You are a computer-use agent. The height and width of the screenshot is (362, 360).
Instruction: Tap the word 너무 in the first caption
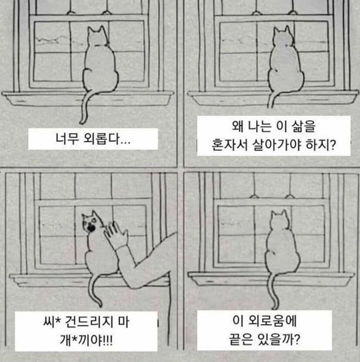point(66,139)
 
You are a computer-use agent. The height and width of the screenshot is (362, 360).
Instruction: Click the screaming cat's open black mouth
point(91,228)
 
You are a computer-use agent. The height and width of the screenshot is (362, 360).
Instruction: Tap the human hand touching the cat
point(115,234)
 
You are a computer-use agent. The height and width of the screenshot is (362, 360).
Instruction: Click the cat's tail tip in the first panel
point(81,122)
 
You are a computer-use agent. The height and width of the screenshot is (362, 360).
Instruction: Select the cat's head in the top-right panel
point(282,37)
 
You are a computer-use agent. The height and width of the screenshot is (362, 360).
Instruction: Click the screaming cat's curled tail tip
point(100,304)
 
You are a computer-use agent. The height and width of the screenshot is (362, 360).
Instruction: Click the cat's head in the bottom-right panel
point(279,220)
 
